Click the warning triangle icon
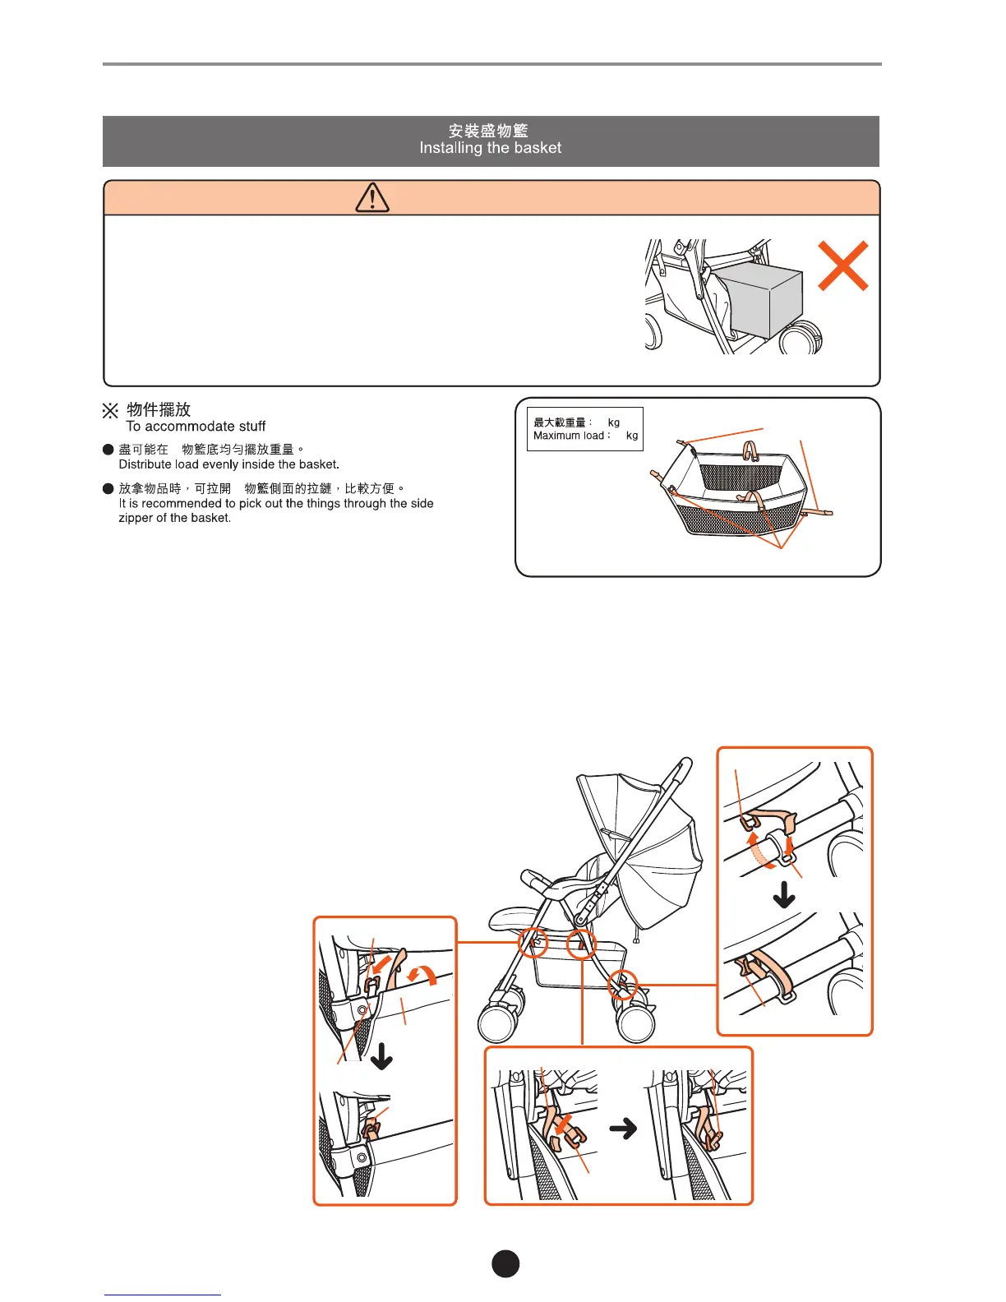[x=372, y=198]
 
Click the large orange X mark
[x=843, y=265]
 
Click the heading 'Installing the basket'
[x=491, y=149]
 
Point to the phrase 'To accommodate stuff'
[x=196, y=427]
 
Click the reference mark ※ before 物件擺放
[x=110, y=410]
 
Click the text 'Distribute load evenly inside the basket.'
[x=228, y=464]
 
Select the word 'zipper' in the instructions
[x=136, y=519]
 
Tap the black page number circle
[x=505, y=1263]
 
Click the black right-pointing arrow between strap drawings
[x=624, y=1129]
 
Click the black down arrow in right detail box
[x=784, y=894]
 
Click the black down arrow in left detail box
[x=381, y=1056]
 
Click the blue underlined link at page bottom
[x=162, y=1293]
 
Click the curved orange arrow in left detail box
[x=425, y=976]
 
